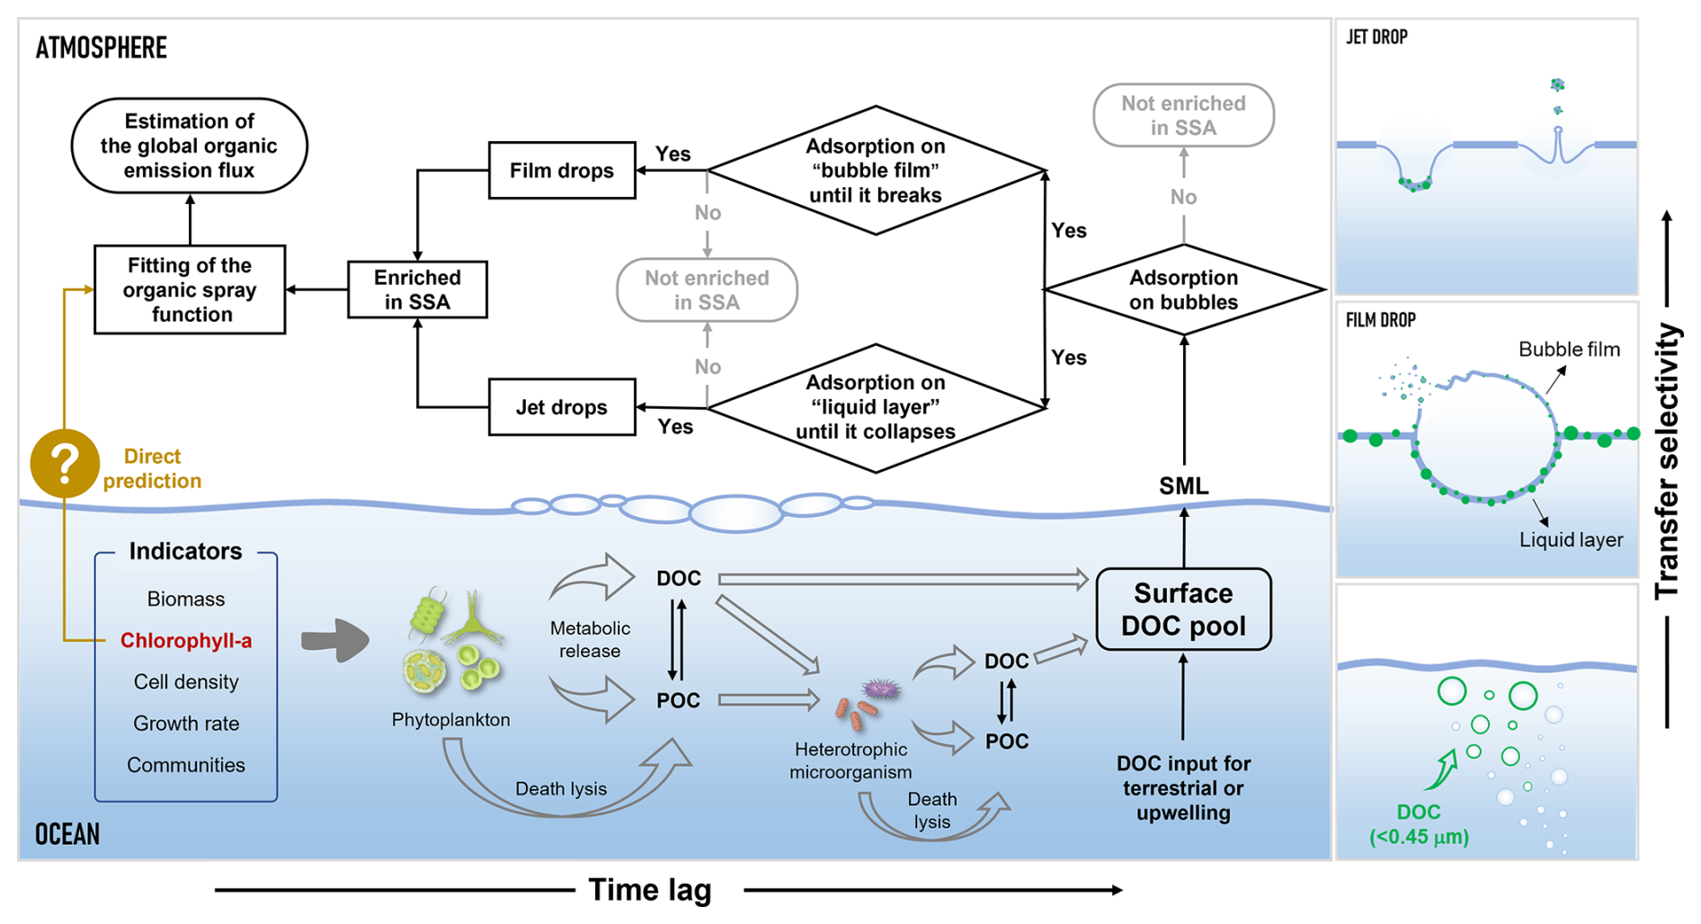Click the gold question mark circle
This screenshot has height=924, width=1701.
pyautogui.click(x=64, y=464)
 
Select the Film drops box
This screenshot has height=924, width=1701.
pyautogui.click(x=562, y=171)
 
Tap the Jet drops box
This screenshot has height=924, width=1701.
pyautogui.click(x=562, y=407)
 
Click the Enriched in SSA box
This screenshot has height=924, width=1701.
pyautogui.click(x=417, y=289)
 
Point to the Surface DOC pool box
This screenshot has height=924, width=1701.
pyautogui.click(x=1183, y=609)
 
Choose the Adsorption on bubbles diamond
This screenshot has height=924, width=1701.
pyautogui.click(x=1183, y=289)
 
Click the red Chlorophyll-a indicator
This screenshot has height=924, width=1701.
pyautogui.click(x=186, y=641)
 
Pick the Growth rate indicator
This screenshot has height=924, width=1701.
pyautogui.click(x=186, y=724)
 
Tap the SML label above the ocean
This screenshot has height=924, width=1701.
pyautogui.click(x=1183, y=486)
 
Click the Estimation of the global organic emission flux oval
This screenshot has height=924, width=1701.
pyautogui.click(x=189, y=146)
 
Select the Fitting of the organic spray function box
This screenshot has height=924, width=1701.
pyautogui.click(x=190, y=289)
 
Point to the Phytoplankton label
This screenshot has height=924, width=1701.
pyautogui.click(x=450, y=720)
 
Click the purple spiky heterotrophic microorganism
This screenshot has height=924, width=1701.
pyautogui.click(x=881, y=689)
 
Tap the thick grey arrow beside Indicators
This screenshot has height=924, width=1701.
pyautogui.click(x=334, y=641)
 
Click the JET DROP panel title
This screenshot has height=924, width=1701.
pyautogui.click(x=1376, y=38)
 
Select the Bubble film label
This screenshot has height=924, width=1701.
pyautogui.click(x=1569, y=350)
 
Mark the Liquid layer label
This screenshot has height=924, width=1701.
pyautogui.click(x=1571, y=540)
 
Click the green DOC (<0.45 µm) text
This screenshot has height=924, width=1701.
pyautogui.click(x=1419, y=824)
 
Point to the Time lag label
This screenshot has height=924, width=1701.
pyautogui.click(x=650, y=890)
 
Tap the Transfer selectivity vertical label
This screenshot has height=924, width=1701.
pyautogui.click(x=1668, y=461)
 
